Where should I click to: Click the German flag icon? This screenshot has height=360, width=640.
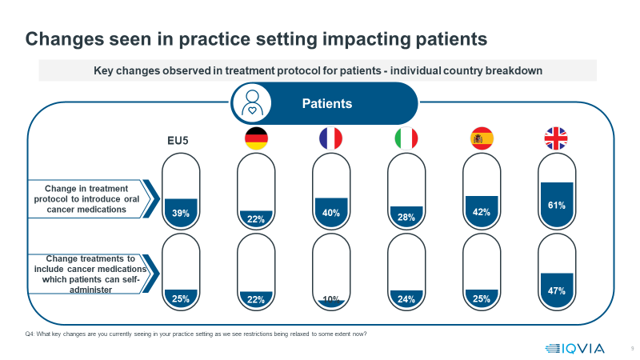click(x=256, y=138)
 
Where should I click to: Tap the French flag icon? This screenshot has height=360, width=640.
click(x=330, y=138)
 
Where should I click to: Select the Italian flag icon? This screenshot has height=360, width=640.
click(x=406, y=138)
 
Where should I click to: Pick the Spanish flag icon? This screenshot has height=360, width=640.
click(x=482, y=138)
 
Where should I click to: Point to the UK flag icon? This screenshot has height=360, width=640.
click(x=556, y=138)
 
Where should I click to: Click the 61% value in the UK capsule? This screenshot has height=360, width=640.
click(x=557, y=206)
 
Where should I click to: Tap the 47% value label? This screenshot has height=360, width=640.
click(x=557, y=291)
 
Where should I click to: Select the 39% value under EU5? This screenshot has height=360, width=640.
click(x=180, y=213)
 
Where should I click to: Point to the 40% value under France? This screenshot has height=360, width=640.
click(x=331, y=213)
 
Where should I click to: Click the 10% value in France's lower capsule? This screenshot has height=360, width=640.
click(x=331, y=300)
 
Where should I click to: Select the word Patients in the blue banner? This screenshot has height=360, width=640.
click(x=326, y=103)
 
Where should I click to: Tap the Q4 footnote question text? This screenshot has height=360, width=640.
click(x=196, y=333)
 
